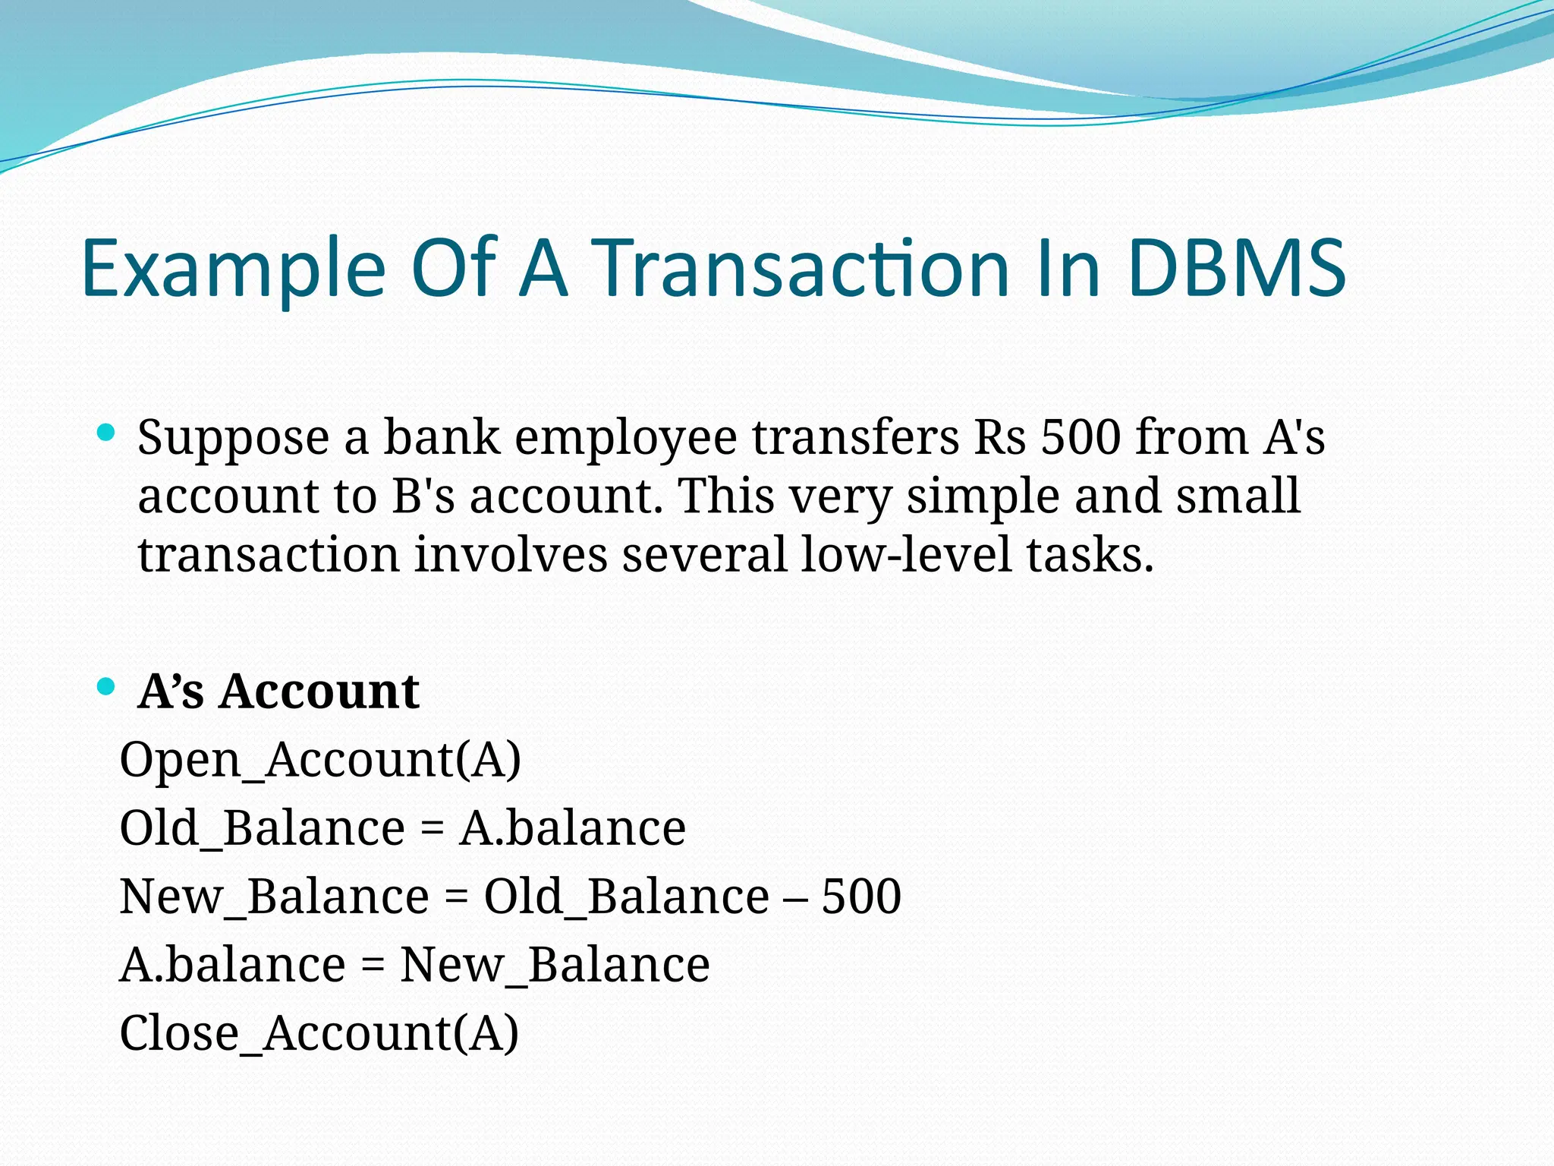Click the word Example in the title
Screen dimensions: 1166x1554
click(233, 269)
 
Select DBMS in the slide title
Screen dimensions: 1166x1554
click(1236, 269)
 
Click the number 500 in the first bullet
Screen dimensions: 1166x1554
click(1080, 438)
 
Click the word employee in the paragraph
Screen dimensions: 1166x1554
click(625, 440)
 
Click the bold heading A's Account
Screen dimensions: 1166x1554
click(278, 692)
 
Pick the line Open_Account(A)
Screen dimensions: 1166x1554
click(320, 759)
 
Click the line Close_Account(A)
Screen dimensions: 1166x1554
click(319, 1033)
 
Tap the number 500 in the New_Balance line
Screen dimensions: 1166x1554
click(861, 897)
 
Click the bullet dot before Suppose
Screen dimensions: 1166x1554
click(106, 433)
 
